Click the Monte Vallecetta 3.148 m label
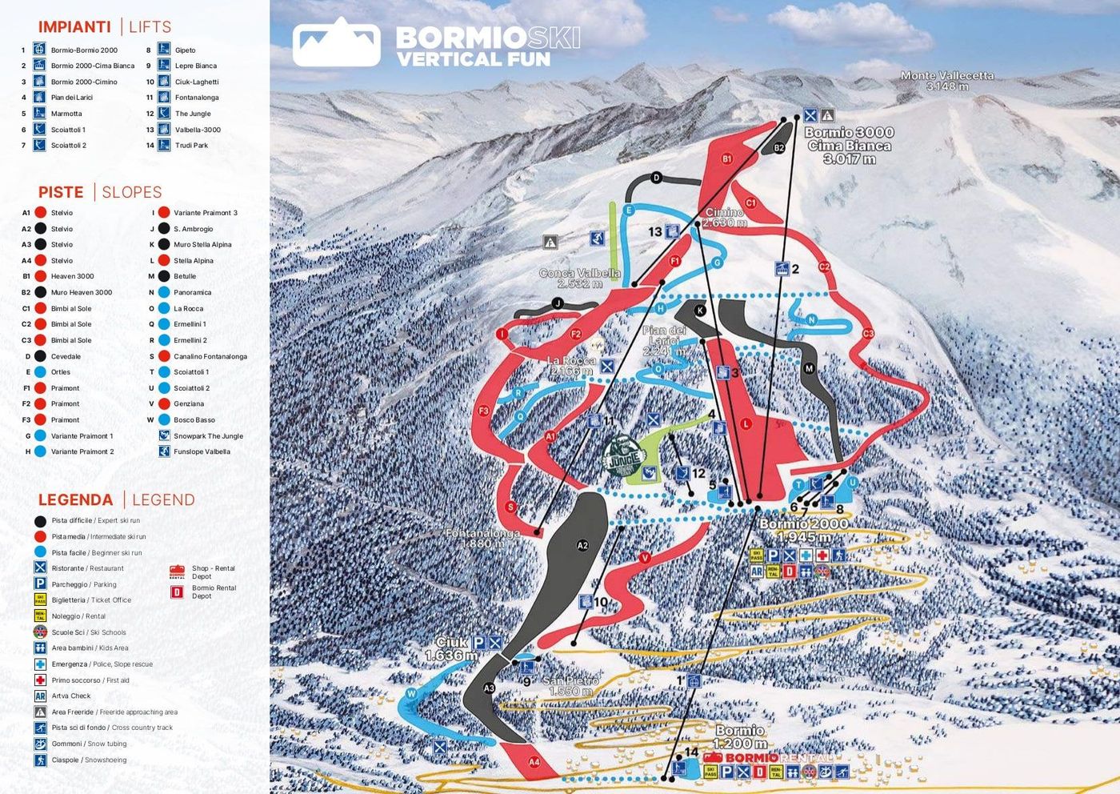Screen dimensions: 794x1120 coord(947,81)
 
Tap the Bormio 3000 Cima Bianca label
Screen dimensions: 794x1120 coord(849,146)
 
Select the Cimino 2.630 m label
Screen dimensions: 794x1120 coord(725,218)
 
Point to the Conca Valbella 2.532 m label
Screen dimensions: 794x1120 coord(580,279)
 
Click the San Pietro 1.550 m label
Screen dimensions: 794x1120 coord(570,686)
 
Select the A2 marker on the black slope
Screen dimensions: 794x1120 coord(582,545)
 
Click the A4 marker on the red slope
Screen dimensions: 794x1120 coord(534,762)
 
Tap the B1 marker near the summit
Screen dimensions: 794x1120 coord(727,158)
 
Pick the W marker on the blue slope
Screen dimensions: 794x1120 coord(411,693)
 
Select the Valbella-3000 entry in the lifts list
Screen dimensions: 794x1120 coord(198,130)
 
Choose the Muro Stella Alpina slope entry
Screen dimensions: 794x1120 coord(202,245)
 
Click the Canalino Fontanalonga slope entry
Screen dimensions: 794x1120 coord(210,356)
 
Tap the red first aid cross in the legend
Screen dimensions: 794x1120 coord(40,680)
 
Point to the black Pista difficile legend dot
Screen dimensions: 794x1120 coord(40,521)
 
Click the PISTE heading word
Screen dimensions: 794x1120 coord(61,192)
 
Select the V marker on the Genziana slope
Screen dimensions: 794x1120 coord(644,558)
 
